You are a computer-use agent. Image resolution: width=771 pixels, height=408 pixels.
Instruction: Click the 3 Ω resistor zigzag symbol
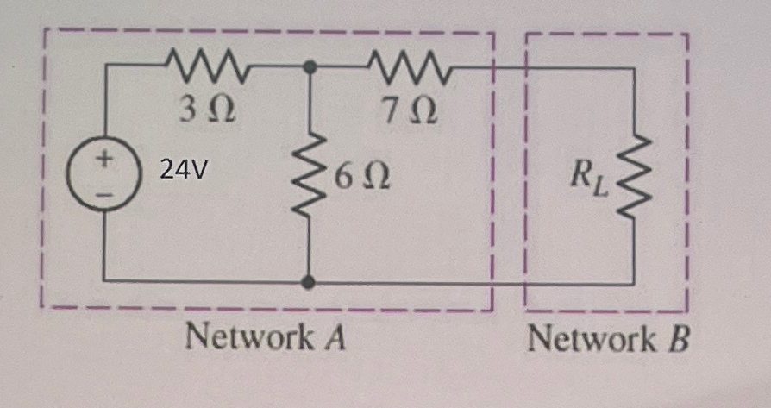click(206, 66)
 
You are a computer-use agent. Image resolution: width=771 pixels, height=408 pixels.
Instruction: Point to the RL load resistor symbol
click(634, 175)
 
